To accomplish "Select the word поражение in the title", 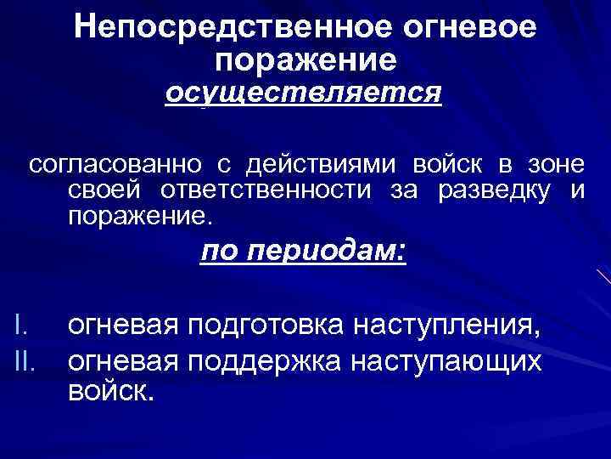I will click(x=305, y=59).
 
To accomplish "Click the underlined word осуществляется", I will click(x=304, y=92).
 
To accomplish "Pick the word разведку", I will click(x=494, y=190).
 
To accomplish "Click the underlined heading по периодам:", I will click(x=304, y=253).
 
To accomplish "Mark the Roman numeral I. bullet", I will click(x=23, y=326).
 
